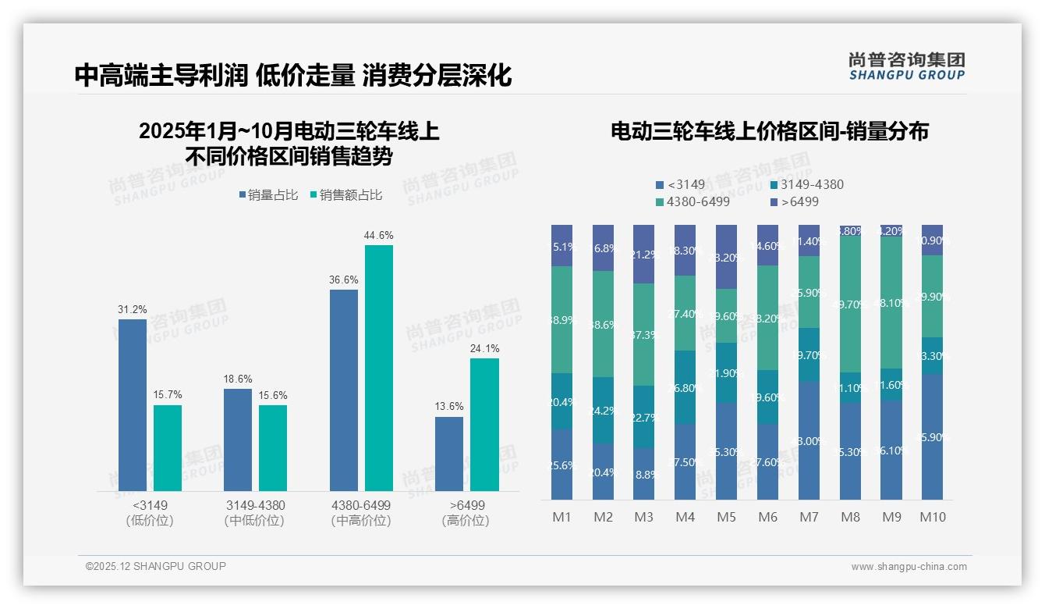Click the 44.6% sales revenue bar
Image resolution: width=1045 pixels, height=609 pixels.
379,367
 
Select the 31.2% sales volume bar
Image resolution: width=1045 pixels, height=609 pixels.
133,404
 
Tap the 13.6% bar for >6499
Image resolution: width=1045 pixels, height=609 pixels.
449,454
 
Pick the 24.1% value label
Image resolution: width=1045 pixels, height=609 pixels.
485,348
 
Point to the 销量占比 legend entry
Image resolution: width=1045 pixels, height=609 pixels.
268,195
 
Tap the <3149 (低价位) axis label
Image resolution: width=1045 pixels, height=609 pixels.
149,512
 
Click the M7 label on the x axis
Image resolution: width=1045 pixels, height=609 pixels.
809,517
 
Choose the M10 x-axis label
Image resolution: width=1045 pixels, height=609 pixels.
932,517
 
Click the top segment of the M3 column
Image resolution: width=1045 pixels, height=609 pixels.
643,254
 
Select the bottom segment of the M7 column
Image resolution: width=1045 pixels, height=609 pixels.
809,440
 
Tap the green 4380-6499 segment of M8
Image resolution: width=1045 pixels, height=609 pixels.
850,304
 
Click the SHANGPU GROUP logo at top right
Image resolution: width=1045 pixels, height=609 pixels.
906,66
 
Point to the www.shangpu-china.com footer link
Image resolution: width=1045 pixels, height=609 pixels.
909,567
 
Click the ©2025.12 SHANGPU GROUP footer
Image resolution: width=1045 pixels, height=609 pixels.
156,566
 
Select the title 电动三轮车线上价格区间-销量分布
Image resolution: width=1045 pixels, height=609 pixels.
770,131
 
